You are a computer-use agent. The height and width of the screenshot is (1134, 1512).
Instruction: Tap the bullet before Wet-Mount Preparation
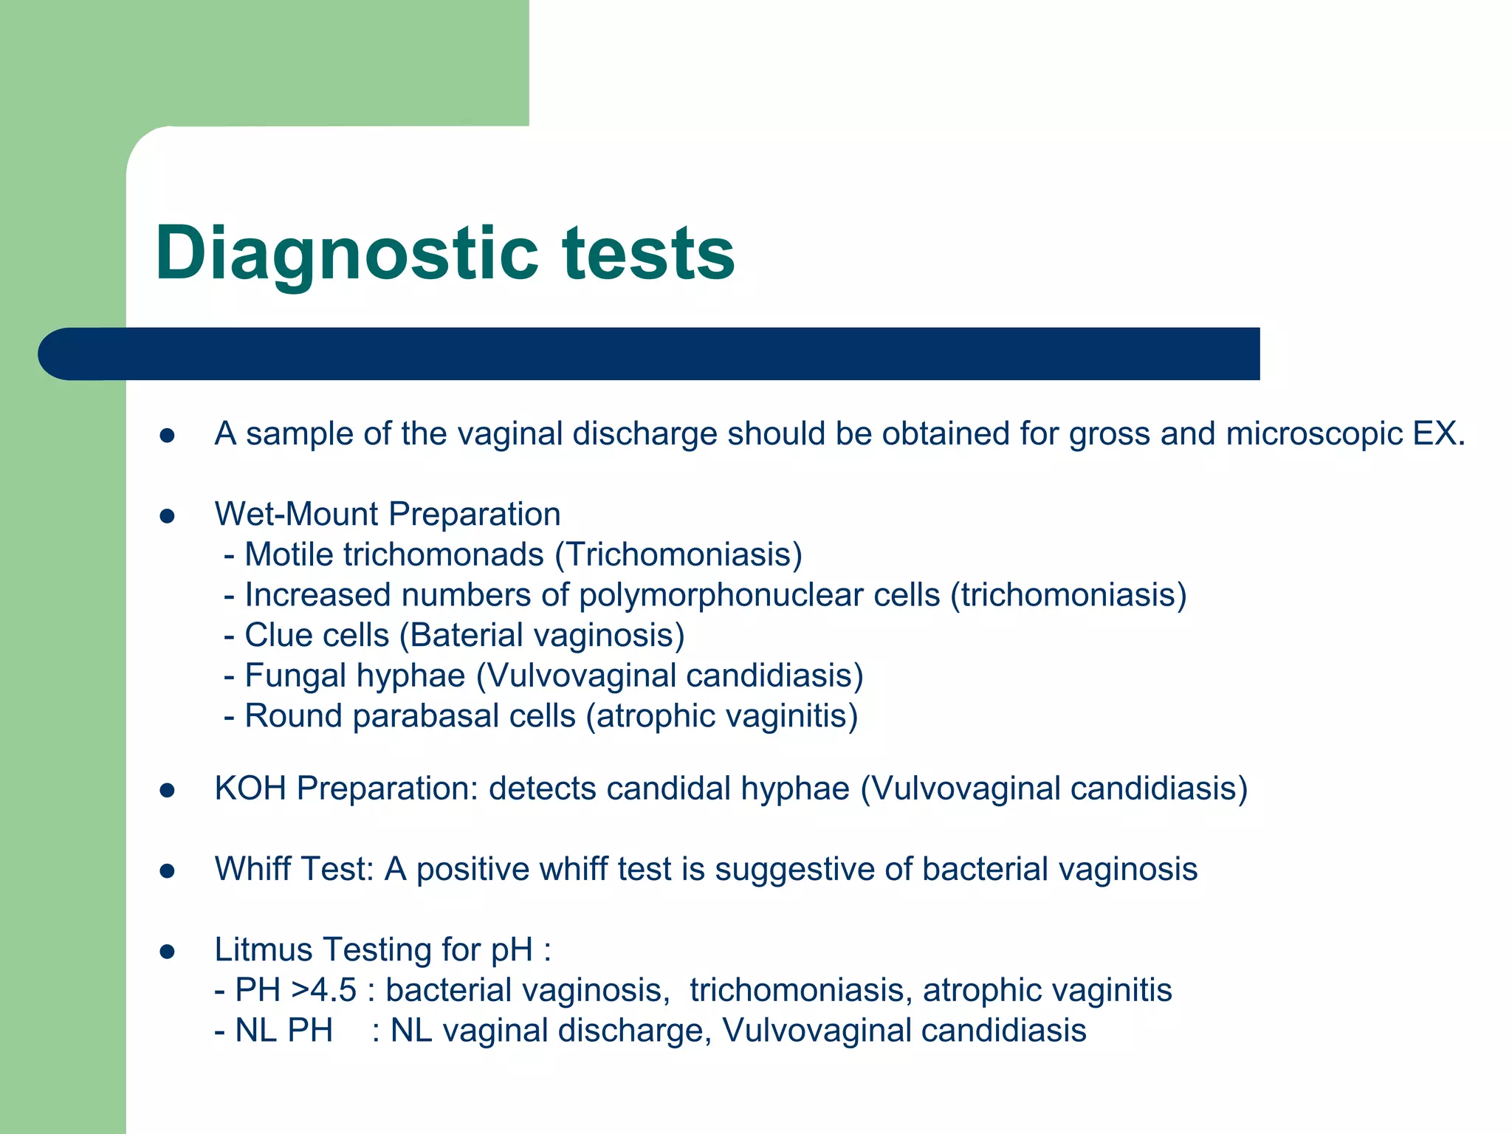167,516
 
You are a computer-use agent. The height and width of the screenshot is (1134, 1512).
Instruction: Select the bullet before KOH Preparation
167,791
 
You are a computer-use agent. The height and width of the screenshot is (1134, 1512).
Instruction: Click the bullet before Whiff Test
167,871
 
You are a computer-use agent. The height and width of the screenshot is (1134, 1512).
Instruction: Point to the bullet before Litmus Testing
167,952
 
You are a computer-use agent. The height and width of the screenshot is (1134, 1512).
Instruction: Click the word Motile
289,555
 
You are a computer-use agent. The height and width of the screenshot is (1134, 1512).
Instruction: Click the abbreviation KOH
250,789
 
